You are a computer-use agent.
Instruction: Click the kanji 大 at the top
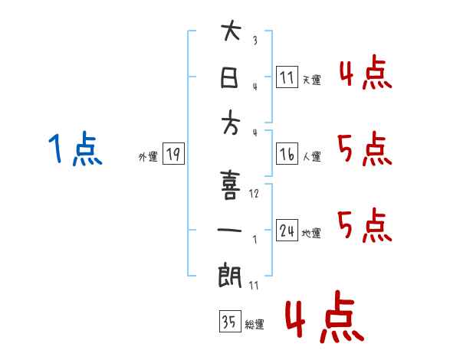(230, 32)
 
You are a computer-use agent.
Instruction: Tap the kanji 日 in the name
(230, 77)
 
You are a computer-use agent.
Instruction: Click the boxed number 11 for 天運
(287, 77)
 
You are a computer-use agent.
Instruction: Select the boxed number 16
(287, 154)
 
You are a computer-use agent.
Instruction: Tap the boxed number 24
(287, 231)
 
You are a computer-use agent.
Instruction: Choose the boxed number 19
(173, 155)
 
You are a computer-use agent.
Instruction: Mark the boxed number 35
(228, 322)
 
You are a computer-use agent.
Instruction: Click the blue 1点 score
(74, 148)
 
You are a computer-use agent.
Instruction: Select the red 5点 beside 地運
(364, 224)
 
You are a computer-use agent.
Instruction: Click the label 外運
(148, 157)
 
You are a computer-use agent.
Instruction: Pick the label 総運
(255, 325)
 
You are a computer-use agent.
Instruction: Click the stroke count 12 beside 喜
(255, 194)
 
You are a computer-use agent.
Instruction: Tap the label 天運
(311, 80)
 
